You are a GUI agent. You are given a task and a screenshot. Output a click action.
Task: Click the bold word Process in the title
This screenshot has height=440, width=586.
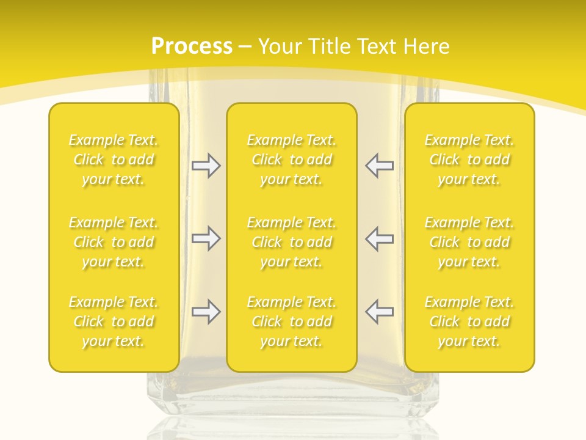click(x=192, y=46)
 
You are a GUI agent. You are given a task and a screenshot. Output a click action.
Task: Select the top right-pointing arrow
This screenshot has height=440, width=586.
click(x=206, y=166)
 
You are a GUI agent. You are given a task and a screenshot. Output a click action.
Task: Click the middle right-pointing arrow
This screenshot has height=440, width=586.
click(x=206, y=238)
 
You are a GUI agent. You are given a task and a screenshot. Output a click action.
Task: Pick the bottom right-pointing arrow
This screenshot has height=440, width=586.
click(x=206, y=312)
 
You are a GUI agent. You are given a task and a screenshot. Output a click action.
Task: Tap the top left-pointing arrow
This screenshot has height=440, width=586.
click(x=379, y=166)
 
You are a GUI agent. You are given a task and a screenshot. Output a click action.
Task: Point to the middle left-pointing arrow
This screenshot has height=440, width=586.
click(x=379, y=238)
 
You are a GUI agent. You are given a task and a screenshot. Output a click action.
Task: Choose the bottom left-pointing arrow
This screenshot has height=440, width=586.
click(x=379, y=312)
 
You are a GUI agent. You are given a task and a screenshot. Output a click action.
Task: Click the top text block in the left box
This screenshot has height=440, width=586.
click(x=114, y=160)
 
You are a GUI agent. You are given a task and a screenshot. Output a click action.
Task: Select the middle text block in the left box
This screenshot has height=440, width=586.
click(x=114, y=242)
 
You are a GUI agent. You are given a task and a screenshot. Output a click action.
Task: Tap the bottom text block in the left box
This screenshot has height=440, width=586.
click(x=114, y=321)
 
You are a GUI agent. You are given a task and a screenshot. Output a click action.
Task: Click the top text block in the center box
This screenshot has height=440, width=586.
click(x=292, y=160)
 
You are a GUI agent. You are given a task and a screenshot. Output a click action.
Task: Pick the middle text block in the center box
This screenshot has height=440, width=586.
click(x=292, y=242)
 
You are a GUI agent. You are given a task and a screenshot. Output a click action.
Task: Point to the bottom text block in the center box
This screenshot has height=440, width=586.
click(x=292, y=321)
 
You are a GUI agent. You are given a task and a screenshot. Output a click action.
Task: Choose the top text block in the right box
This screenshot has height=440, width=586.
click(x=469, y=160)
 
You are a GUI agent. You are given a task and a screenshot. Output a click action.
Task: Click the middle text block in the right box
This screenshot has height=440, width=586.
click(x=469, y=242)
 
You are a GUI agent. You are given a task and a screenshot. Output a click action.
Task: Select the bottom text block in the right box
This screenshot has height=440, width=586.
click(x=469, y=321)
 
